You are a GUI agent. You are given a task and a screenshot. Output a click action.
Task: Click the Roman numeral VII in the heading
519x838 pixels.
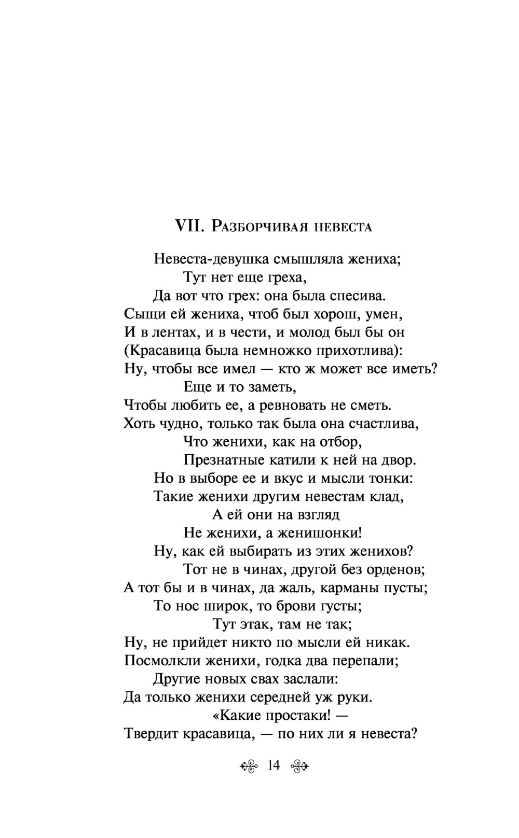[x=187, y=226]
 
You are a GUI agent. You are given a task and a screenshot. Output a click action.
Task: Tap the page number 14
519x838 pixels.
[x=274, y=765]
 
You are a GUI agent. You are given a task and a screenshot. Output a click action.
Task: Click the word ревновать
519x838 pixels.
[x=298, y=405]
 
